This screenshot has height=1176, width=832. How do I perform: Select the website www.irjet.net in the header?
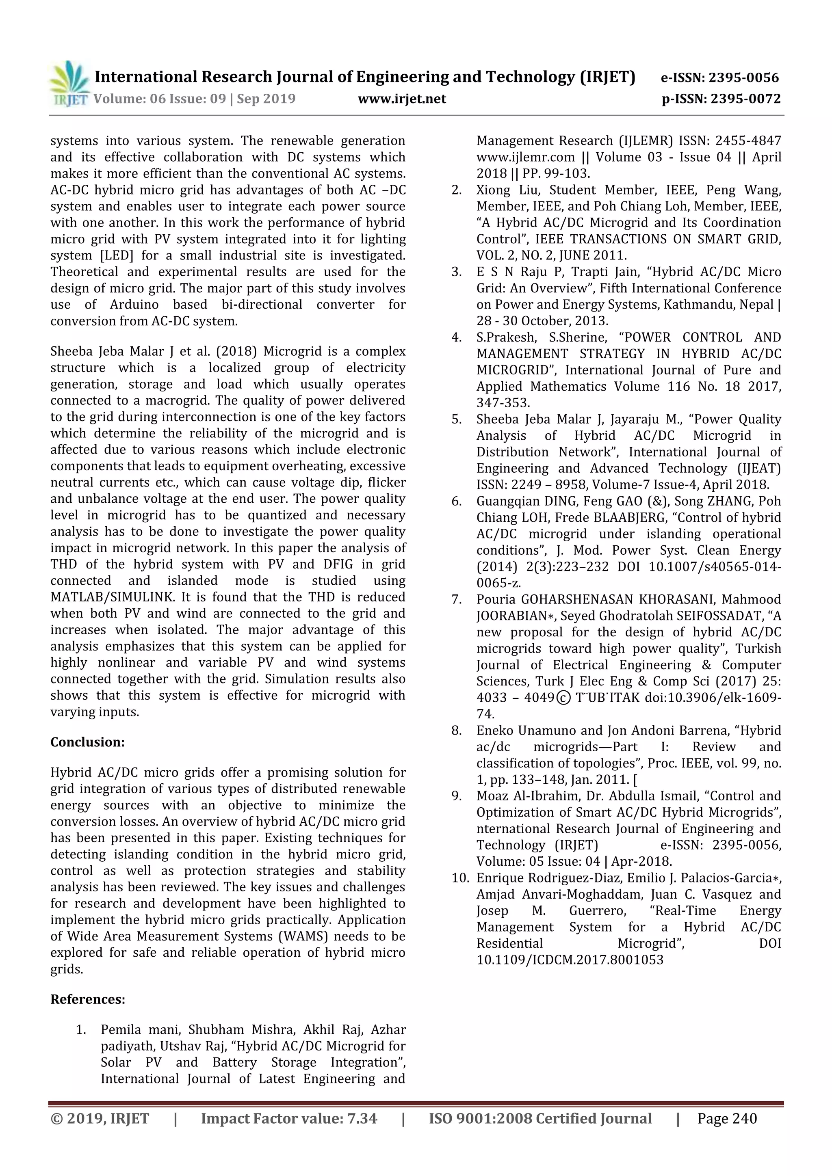(x=402, y=99)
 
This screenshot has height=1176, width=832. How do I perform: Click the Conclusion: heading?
(x=87, y=742)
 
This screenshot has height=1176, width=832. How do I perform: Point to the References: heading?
(x=88, y=999)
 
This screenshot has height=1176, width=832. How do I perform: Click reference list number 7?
(x=457, y=599)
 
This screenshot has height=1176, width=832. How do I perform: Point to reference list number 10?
(x=459, y=878)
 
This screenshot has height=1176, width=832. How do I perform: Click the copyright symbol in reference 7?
(x=563, y=698)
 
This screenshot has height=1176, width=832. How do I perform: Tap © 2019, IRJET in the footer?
(x=100, y=1119)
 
